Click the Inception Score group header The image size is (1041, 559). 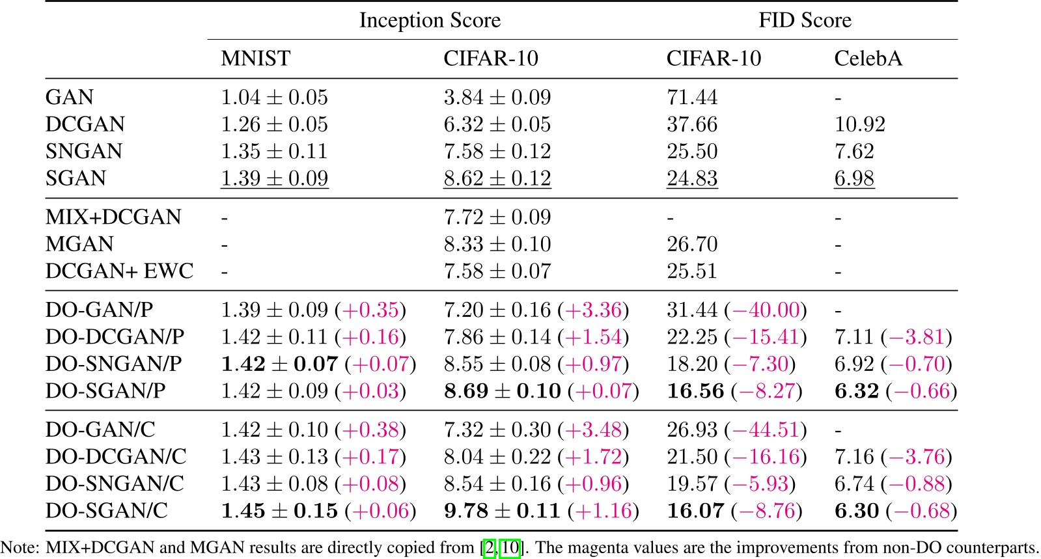click(430, 20)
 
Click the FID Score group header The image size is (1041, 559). click(805, 20)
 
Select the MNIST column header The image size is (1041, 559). click(255, 59)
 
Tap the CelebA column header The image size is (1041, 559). click(868, 59)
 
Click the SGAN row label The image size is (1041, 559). click(76, 178)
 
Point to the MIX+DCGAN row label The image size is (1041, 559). click(113, 217)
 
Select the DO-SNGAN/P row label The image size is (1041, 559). click(113, 364)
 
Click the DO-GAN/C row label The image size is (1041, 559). click(100, 429)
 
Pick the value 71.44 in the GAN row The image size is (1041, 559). click(692, 98)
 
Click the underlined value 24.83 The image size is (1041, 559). click(692, 178)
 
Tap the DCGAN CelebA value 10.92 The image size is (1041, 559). click(859, 124)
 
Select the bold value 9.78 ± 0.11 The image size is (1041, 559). click(502, 511)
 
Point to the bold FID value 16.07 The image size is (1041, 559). click(695, 511)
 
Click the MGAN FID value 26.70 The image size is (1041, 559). click(692, 244)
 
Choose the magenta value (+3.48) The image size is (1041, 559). click(593, 429)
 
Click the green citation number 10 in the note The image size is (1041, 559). click(510, 548)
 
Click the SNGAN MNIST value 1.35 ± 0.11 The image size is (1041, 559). click(274, 152)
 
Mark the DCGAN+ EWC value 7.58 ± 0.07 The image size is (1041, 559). click(497, 271)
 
